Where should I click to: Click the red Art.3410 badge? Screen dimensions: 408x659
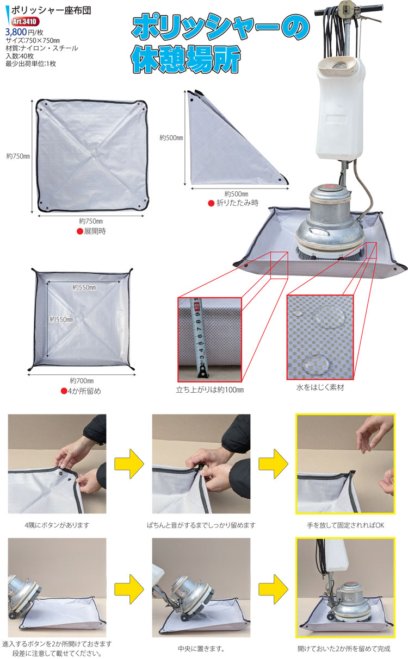pyautogui.click(x=25, y=22)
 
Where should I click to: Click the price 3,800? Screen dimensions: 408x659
pyautogui.click(x=16, y=32)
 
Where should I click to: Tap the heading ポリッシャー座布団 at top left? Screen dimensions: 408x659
pyautogui.click(x=51, y=10)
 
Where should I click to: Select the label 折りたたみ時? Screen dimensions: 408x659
pyautogui.click(x=237, y=203)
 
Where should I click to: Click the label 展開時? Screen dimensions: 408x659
pyautogui.click(x=95, y=231)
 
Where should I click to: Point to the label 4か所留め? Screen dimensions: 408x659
pyautogui.click(x=84, y=391)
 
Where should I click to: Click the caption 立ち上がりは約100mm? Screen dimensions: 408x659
pyautogui.click(x=210, y=390)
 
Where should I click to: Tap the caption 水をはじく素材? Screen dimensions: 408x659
pyautogui.click(x=320, y=387)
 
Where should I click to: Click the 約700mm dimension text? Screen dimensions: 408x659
pyautogui.click(x=82, y=381)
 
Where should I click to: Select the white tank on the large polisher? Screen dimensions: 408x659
pyautogui.click(x=341, y=109)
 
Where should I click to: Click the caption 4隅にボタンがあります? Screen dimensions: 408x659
pyautogui.click(x=57, y=525)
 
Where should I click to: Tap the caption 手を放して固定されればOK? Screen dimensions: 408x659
pyautogui.click(x=345, y=525)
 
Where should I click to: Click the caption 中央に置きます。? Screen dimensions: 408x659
pyautogui.click(x=201, y=649)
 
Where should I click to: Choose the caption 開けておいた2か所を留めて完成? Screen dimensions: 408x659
pyautogui.click(x=344, y=649)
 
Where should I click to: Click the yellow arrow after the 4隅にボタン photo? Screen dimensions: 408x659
pyautogui.click(x=129, y=464)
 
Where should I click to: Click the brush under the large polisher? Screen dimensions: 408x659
pyautogui.click(x=330, y=254)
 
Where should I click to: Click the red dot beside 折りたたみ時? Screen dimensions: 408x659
pyautogui.click(x=211, y=203)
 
